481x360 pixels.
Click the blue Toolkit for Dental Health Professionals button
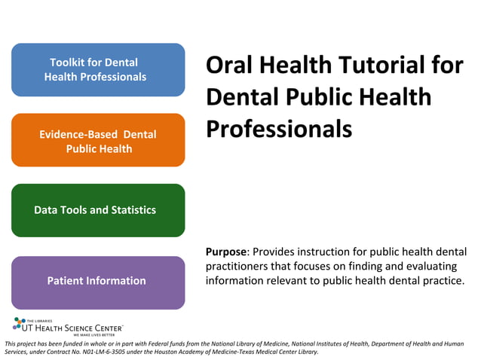98,69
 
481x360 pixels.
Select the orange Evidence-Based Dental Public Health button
98,141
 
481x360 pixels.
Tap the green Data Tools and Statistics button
98,210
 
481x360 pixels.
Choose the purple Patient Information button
98,281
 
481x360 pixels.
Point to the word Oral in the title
231,66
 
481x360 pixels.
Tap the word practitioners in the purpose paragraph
237,266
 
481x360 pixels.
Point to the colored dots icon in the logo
20,324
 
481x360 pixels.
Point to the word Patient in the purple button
66,281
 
